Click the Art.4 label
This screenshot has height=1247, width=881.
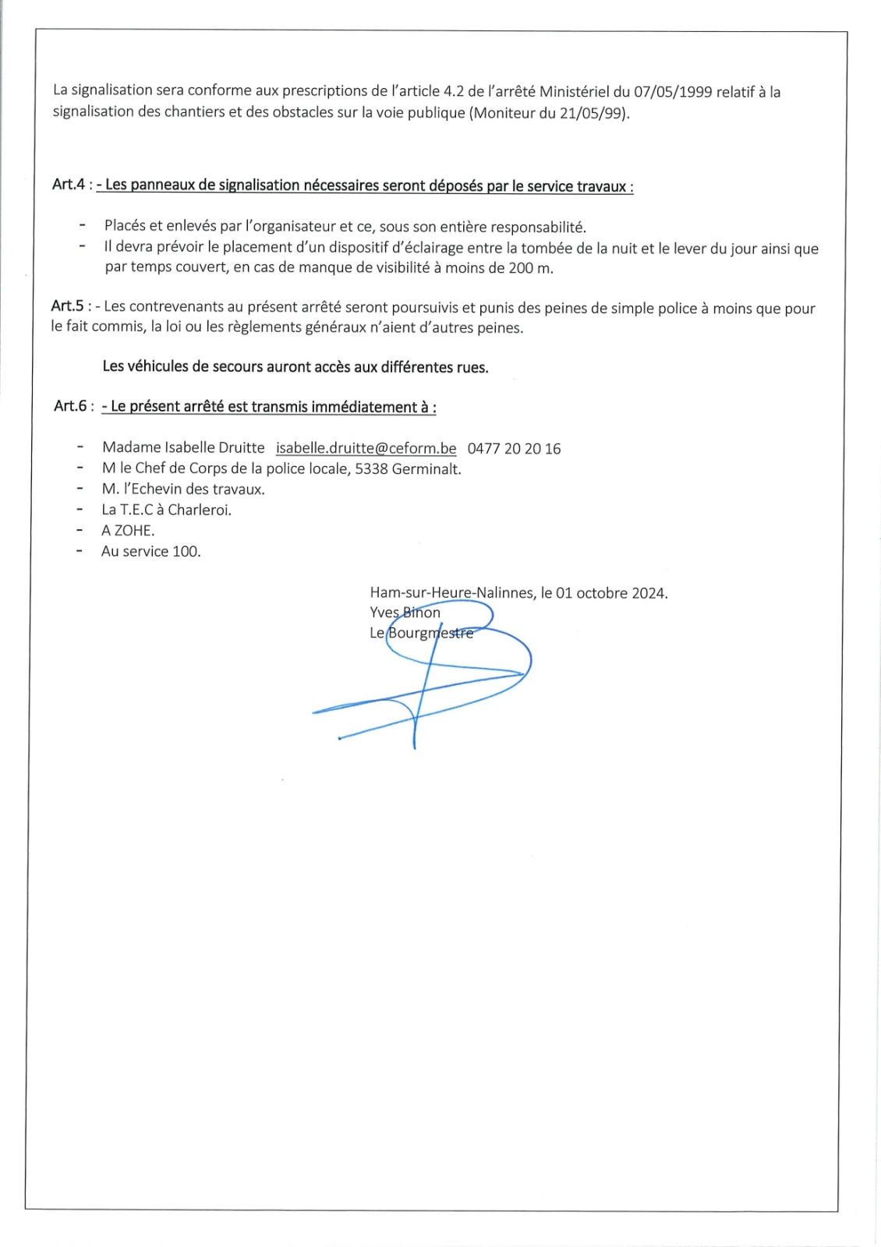click(69, 185)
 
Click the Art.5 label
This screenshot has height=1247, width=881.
click(68, 306)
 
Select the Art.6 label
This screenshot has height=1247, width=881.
click(70, 406)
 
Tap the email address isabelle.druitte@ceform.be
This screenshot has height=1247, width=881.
click(366, 448)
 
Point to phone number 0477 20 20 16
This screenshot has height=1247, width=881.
click(514, 448)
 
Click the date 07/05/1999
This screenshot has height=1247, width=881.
click(673, 92)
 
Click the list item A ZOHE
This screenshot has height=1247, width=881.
click(128, 531)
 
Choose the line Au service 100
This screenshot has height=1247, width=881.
click(150, 552)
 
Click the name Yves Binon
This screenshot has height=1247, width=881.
click(405, 613)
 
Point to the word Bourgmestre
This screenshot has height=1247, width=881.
click(430, 633)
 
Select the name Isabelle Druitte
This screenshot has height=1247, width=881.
click(214, 448)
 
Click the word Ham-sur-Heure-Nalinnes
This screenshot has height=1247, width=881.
click(452, 593)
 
